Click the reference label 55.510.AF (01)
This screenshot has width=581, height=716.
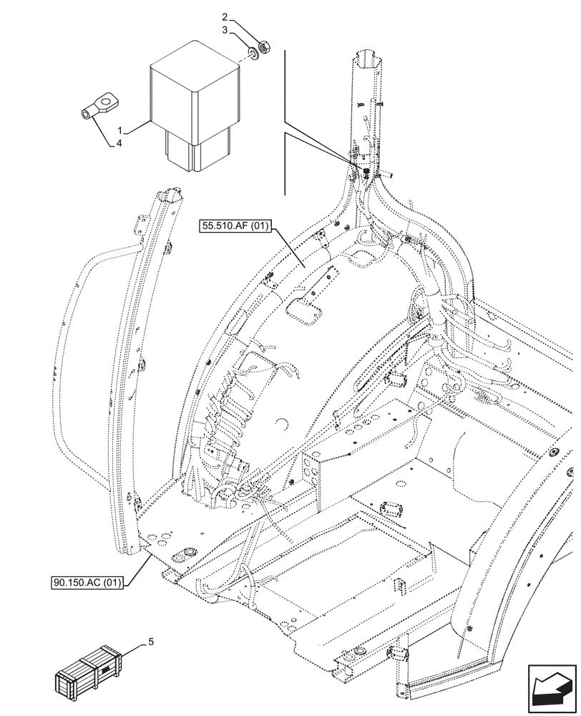coord(234,227)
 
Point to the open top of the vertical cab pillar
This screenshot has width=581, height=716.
coord(368,54)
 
